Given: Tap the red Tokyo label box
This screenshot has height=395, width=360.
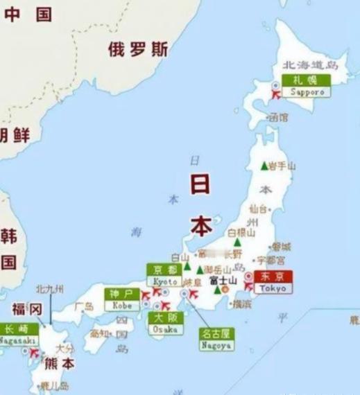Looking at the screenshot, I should tap(273, 281).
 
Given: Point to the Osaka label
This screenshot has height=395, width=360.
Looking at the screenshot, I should tap(164, 323).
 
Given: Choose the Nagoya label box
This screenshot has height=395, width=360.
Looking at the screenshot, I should tap(216, 337).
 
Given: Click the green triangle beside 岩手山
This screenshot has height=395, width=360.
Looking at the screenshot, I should tap(263, 166).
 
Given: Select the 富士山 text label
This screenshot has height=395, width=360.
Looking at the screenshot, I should tap(223, 280).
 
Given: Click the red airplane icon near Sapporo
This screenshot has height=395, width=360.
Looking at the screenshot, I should tap(275, 92).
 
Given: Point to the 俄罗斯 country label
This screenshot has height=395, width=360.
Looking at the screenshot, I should tap(138, 49).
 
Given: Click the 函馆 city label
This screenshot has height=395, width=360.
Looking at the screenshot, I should tap(278, 118).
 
